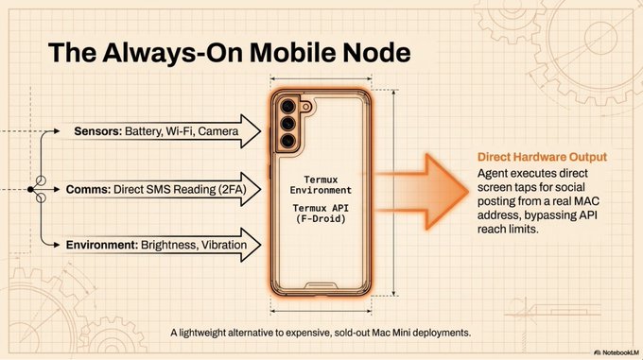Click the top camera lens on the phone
[287, 106]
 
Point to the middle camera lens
[287, 123]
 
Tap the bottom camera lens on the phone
[287, 141]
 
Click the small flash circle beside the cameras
[305, 108]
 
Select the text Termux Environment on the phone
[321, 185]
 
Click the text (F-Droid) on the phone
[321, 218]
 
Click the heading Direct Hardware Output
[542, 157]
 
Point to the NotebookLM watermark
[617, 352]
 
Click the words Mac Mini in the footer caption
[391, 333]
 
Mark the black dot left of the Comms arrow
[30, 190]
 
